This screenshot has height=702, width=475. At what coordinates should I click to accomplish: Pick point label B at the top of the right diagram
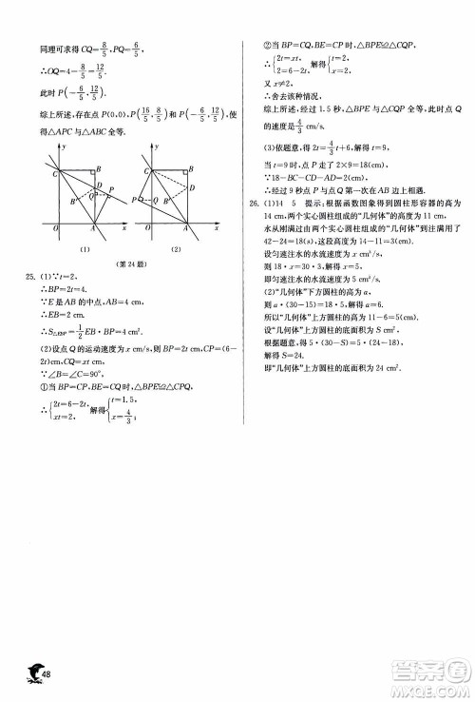pos(191,167)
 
